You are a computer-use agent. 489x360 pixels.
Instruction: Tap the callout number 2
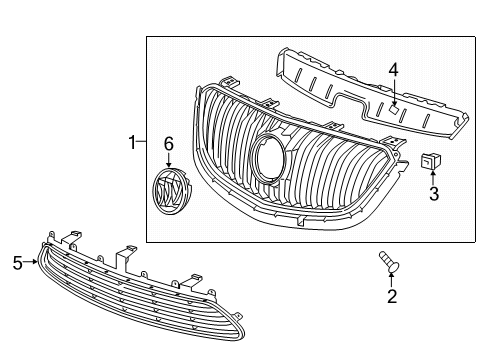pyautogui.click(x=392, y=296)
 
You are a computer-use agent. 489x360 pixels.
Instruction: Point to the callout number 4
pyautogui.click(x=394, y=70)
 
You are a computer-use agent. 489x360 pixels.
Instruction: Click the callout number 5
pyautogui.click(x=17, y=263)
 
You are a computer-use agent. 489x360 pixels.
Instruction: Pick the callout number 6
pyautogui.click(x=169, y=146)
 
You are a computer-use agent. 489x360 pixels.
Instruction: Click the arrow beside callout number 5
pyautogui.click(x=31, y=263)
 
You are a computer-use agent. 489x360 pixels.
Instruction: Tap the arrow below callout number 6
pyautogui.click(x=168, y=162)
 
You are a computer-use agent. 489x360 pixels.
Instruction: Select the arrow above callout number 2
pyautogui.click(x=392, y=278)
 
